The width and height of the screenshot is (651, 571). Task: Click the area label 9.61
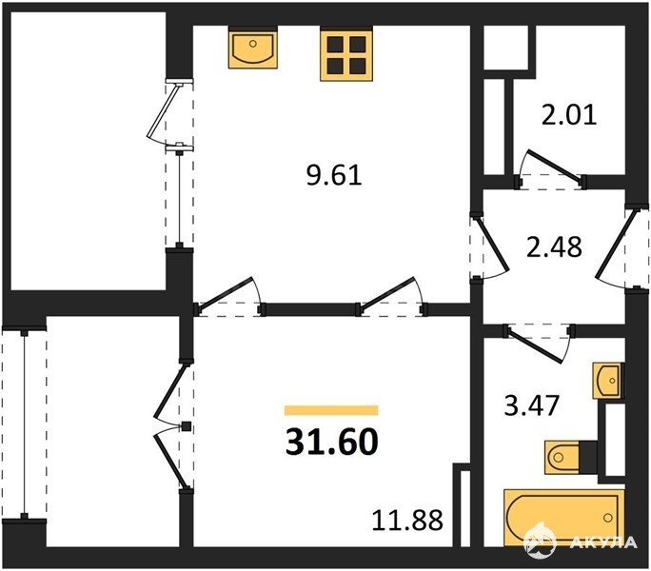[x=334, y=175]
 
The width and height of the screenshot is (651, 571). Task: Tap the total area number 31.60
[x=332, y=442]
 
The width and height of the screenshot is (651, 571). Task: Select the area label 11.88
[x=407, y=520]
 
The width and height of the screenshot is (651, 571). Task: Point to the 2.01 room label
[x=569, y=115]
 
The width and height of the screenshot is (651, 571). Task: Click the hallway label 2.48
[x=554, y=247]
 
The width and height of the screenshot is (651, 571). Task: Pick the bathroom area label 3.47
[x=532, y=405]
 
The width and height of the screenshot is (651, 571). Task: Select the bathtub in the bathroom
[x=563, y=517]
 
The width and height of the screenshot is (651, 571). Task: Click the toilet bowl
[x=562, y=457]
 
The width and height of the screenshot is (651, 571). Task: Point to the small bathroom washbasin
[x=606, y=381]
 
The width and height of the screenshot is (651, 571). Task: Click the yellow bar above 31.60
[x=331, y=410]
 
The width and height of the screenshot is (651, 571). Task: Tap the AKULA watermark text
[x=603, y=541]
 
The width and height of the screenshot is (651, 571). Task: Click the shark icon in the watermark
[x=540, y=541]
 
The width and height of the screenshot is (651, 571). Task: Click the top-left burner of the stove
[x=335, y=44]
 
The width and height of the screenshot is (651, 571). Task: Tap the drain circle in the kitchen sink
[x=253, y=43]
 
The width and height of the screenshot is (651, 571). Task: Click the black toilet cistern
[x=588, y=457]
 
